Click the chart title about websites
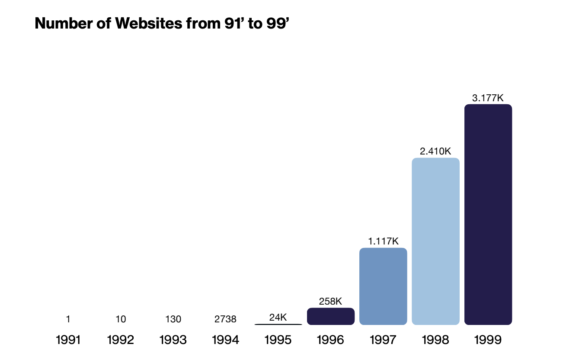(x=161, y=23)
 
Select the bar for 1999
(x=488, y=215)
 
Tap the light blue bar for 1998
(x=435, y=241)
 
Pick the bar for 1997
(x=383, y=286)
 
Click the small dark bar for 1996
(x=331, y=316)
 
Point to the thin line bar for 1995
(x=278, y=324)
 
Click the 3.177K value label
(x=488, y=98)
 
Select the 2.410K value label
(x=435, y=151)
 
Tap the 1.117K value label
(x=383, y=241)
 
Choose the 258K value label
(x=331, y=302)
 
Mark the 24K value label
(x=278, y=317)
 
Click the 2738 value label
(x=225, y=319)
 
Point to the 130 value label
(x=173, y=319)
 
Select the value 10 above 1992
(x=121, y=319)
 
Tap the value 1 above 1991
(x=68, y=319)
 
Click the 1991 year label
(x=68, y=340)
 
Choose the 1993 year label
(x=173, y=340)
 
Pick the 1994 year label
(x=225, y=340)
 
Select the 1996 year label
(x=331, y=340)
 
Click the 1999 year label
(x=488, y=340)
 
